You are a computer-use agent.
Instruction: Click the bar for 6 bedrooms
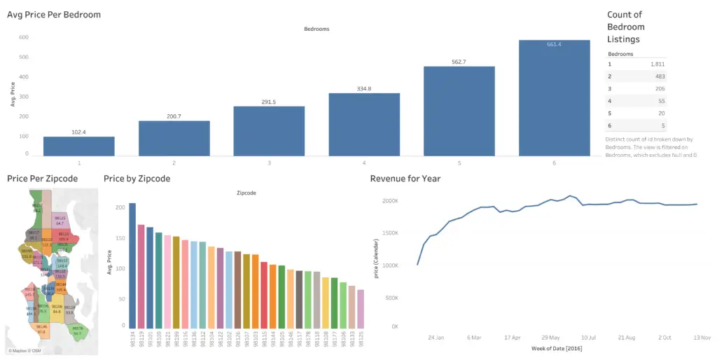click(555, 97)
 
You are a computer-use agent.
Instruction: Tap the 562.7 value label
click(459, 62)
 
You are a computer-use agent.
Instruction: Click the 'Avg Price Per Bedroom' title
click(54, 15)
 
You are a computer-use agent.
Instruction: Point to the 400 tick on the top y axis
click(24, 76)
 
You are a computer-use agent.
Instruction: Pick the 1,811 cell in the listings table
click(656, 64)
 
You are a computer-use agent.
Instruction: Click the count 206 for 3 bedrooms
click(659, 89)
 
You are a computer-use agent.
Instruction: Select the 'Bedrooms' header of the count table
click(621, 53)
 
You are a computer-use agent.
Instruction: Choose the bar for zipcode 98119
click(141, 276)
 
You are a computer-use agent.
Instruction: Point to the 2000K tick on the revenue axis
click(390, 201)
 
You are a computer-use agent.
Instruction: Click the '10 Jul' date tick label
click(587, 337)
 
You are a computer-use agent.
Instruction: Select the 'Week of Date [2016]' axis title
click(557, 349)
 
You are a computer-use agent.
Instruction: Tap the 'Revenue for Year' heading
click(405, 179)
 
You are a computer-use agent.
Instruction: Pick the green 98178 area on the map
click(78, 331)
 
